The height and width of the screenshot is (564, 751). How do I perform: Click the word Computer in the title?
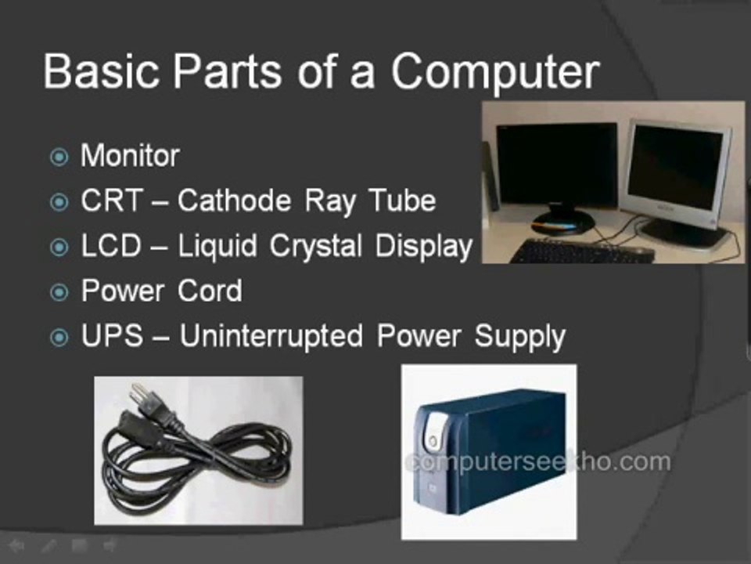(x=494, y=72)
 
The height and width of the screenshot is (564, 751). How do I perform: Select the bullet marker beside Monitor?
(x=59, y=157)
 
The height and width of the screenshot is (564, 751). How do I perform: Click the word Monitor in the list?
(x=130, y=156)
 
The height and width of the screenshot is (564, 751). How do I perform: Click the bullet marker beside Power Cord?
(x=59, y=293)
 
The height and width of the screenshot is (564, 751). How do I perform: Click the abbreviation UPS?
(x=112, y=337)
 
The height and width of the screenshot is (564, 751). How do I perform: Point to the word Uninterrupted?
(x=271, y=337)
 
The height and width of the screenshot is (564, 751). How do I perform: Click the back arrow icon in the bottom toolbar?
(x=16, y=545)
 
